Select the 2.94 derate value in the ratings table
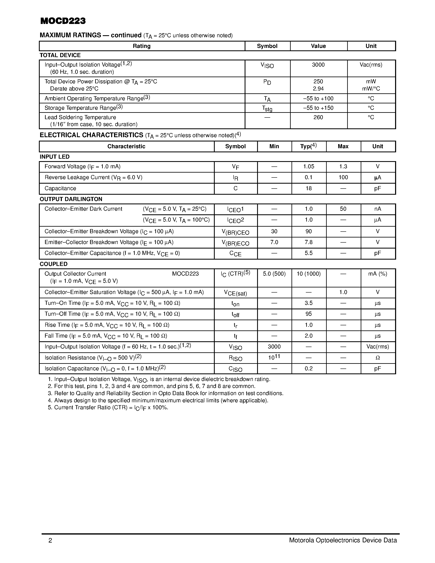pos(318,89)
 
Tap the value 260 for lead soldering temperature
pos(318,117)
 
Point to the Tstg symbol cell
pos(267,109)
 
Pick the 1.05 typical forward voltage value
pos(308,166)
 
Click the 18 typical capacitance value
pos(308,188)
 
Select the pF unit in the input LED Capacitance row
pos(377,188)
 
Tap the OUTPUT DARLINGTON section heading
pos(71,199)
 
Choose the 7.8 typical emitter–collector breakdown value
pos(308,242)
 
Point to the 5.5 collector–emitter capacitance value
pos(308,253)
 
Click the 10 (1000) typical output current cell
pos(308,274)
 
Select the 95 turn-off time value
pos(308,314)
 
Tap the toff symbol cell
pos(235,315)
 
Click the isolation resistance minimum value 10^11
pos(274,357)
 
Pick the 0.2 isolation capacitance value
pos(308,369)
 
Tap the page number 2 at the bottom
pos(50,540)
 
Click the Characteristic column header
pos(126,146)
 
